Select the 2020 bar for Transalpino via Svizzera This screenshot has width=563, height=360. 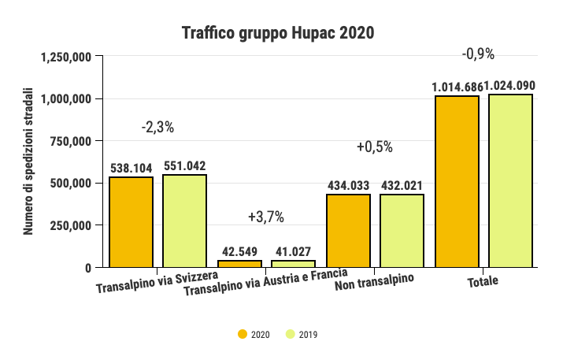tap(131, 222)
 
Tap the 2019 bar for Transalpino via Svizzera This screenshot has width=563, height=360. tap(184, 221)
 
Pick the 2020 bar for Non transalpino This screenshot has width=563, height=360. tap(348, 231)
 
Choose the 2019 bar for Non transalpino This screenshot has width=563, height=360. tap(402, 231)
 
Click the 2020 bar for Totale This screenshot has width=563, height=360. tap(457, 181)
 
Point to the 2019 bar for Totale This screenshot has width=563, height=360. tap(510, 180)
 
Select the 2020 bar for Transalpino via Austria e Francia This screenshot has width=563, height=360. tap(239, 264)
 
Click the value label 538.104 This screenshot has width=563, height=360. tap(131, 168)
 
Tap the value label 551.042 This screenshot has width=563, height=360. tap(184, 165)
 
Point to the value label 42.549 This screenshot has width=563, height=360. tap(239, 251)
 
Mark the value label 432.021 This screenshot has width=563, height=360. tap(402, 185)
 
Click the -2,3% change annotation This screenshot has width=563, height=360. tap(157, 127)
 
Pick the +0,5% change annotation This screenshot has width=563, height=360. tap(374, 147)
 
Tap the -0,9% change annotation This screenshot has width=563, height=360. tap(478, 54)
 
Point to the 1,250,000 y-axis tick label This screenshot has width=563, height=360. tap(65, 57)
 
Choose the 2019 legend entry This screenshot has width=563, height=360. tap(302, 335)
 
